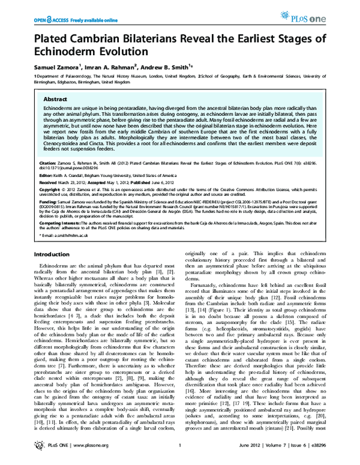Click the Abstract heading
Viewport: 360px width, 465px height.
point(56,100)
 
